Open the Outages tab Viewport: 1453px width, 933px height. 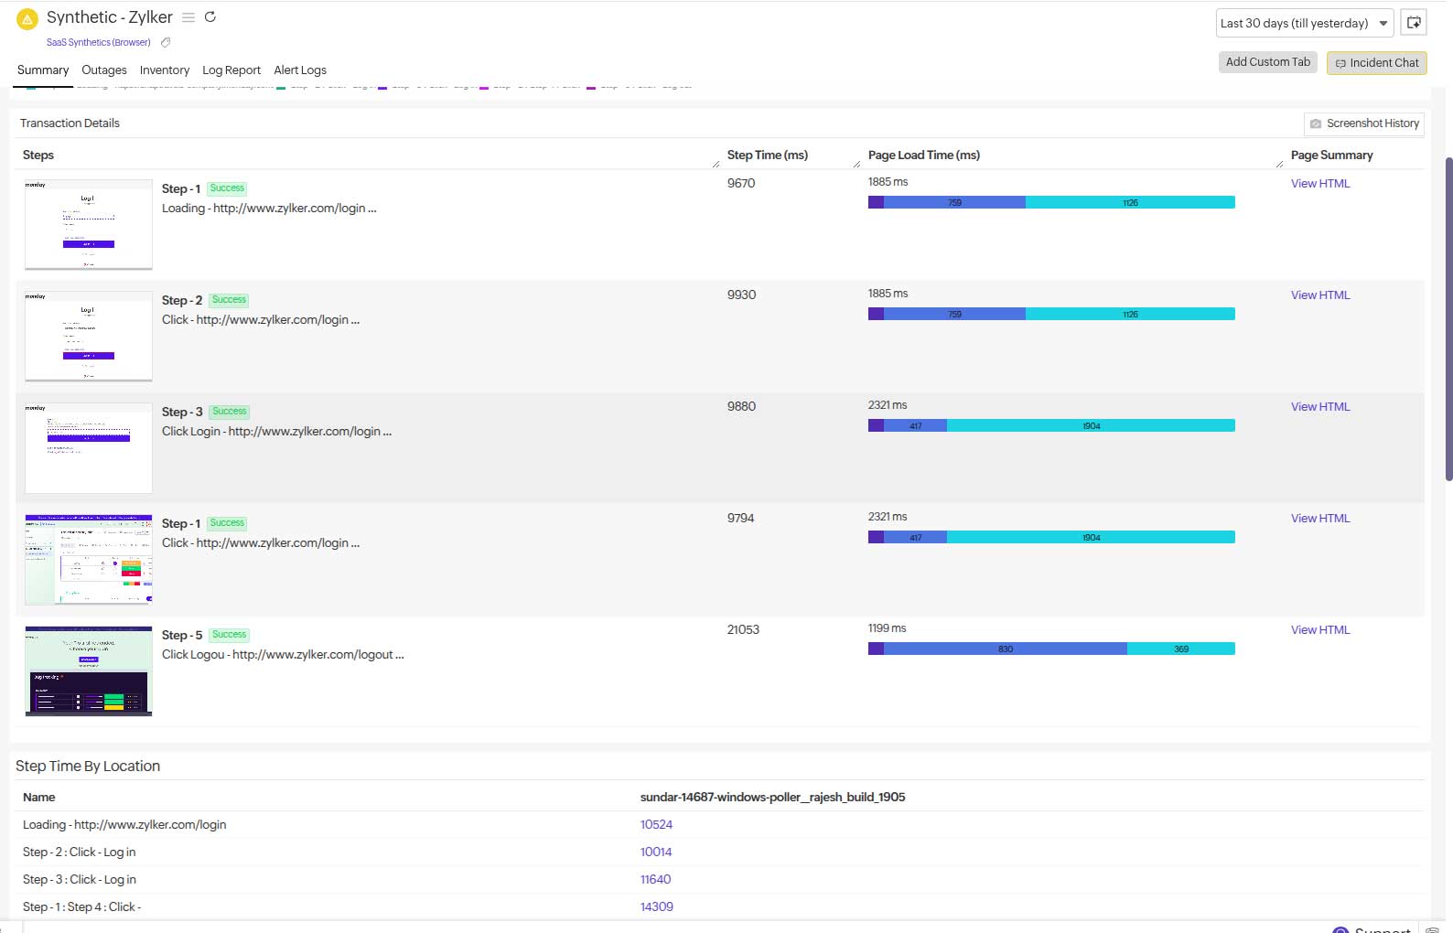103,70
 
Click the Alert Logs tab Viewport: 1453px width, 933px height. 300,70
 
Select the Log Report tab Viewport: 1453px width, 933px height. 231,70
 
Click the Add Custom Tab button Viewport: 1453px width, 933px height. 1267,62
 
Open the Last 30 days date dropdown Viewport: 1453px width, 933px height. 1303,24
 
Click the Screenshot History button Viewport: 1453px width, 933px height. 1363,123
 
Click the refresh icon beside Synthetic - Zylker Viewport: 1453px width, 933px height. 210,17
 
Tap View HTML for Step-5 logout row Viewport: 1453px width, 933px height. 1319,630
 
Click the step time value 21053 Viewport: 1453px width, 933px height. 743,630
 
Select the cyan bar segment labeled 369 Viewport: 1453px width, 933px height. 1180,649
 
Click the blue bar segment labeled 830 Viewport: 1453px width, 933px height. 1005,649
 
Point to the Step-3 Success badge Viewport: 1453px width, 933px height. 229,412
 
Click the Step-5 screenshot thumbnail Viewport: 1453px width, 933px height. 89,670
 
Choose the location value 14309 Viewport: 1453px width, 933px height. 656,907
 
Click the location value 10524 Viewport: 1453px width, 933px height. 656,825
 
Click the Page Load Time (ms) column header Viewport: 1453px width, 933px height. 923,155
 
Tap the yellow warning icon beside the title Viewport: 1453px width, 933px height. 27,18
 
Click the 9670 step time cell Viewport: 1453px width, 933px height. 740,184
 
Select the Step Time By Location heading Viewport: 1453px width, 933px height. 88,767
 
